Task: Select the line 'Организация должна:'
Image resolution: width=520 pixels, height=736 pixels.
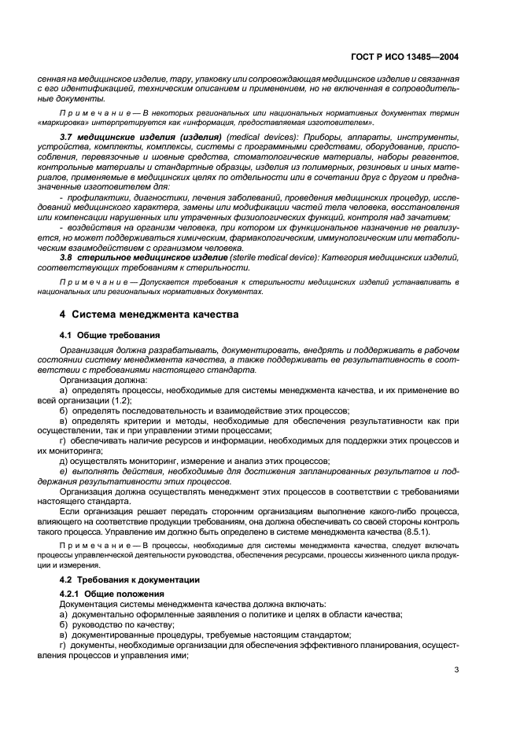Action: coord(98,379)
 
